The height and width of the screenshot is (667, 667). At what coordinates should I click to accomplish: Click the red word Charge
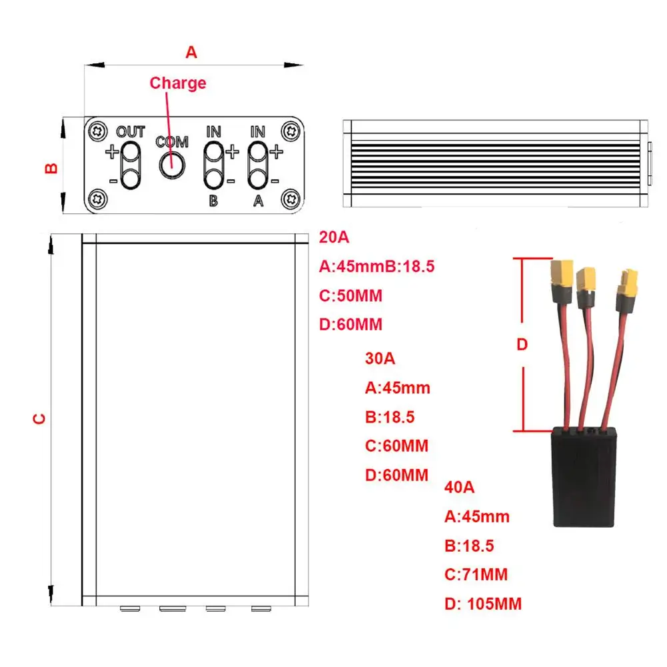point(178,83)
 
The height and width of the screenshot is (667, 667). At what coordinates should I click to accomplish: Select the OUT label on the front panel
point(131,131)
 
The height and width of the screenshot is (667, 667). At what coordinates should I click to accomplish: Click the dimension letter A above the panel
point(191,52)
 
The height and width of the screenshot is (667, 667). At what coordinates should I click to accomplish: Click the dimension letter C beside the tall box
point(40,418)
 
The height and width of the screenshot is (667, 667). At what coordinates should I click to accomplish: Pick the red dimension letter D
point(522,344)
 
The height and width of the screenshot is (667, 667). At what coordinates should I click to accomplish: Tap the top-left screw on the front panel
point(99,129)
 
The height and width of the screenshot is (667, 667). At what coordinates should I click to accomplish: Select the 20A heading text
point(334,237)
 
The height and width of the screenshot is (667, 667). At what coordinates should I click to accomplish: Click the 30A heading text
point(380,358)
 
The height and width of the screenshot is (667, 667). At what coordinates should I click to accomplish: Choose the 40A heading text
point(459,487)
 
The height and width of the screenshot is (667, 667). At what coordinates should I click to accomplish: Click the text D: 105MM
point(483,604)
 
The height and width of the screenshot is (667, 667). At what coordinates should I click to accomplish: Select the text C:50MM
point(350,296)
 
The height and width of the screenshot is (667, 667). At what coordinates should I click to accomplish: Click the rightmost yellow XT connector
point(628,284)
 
